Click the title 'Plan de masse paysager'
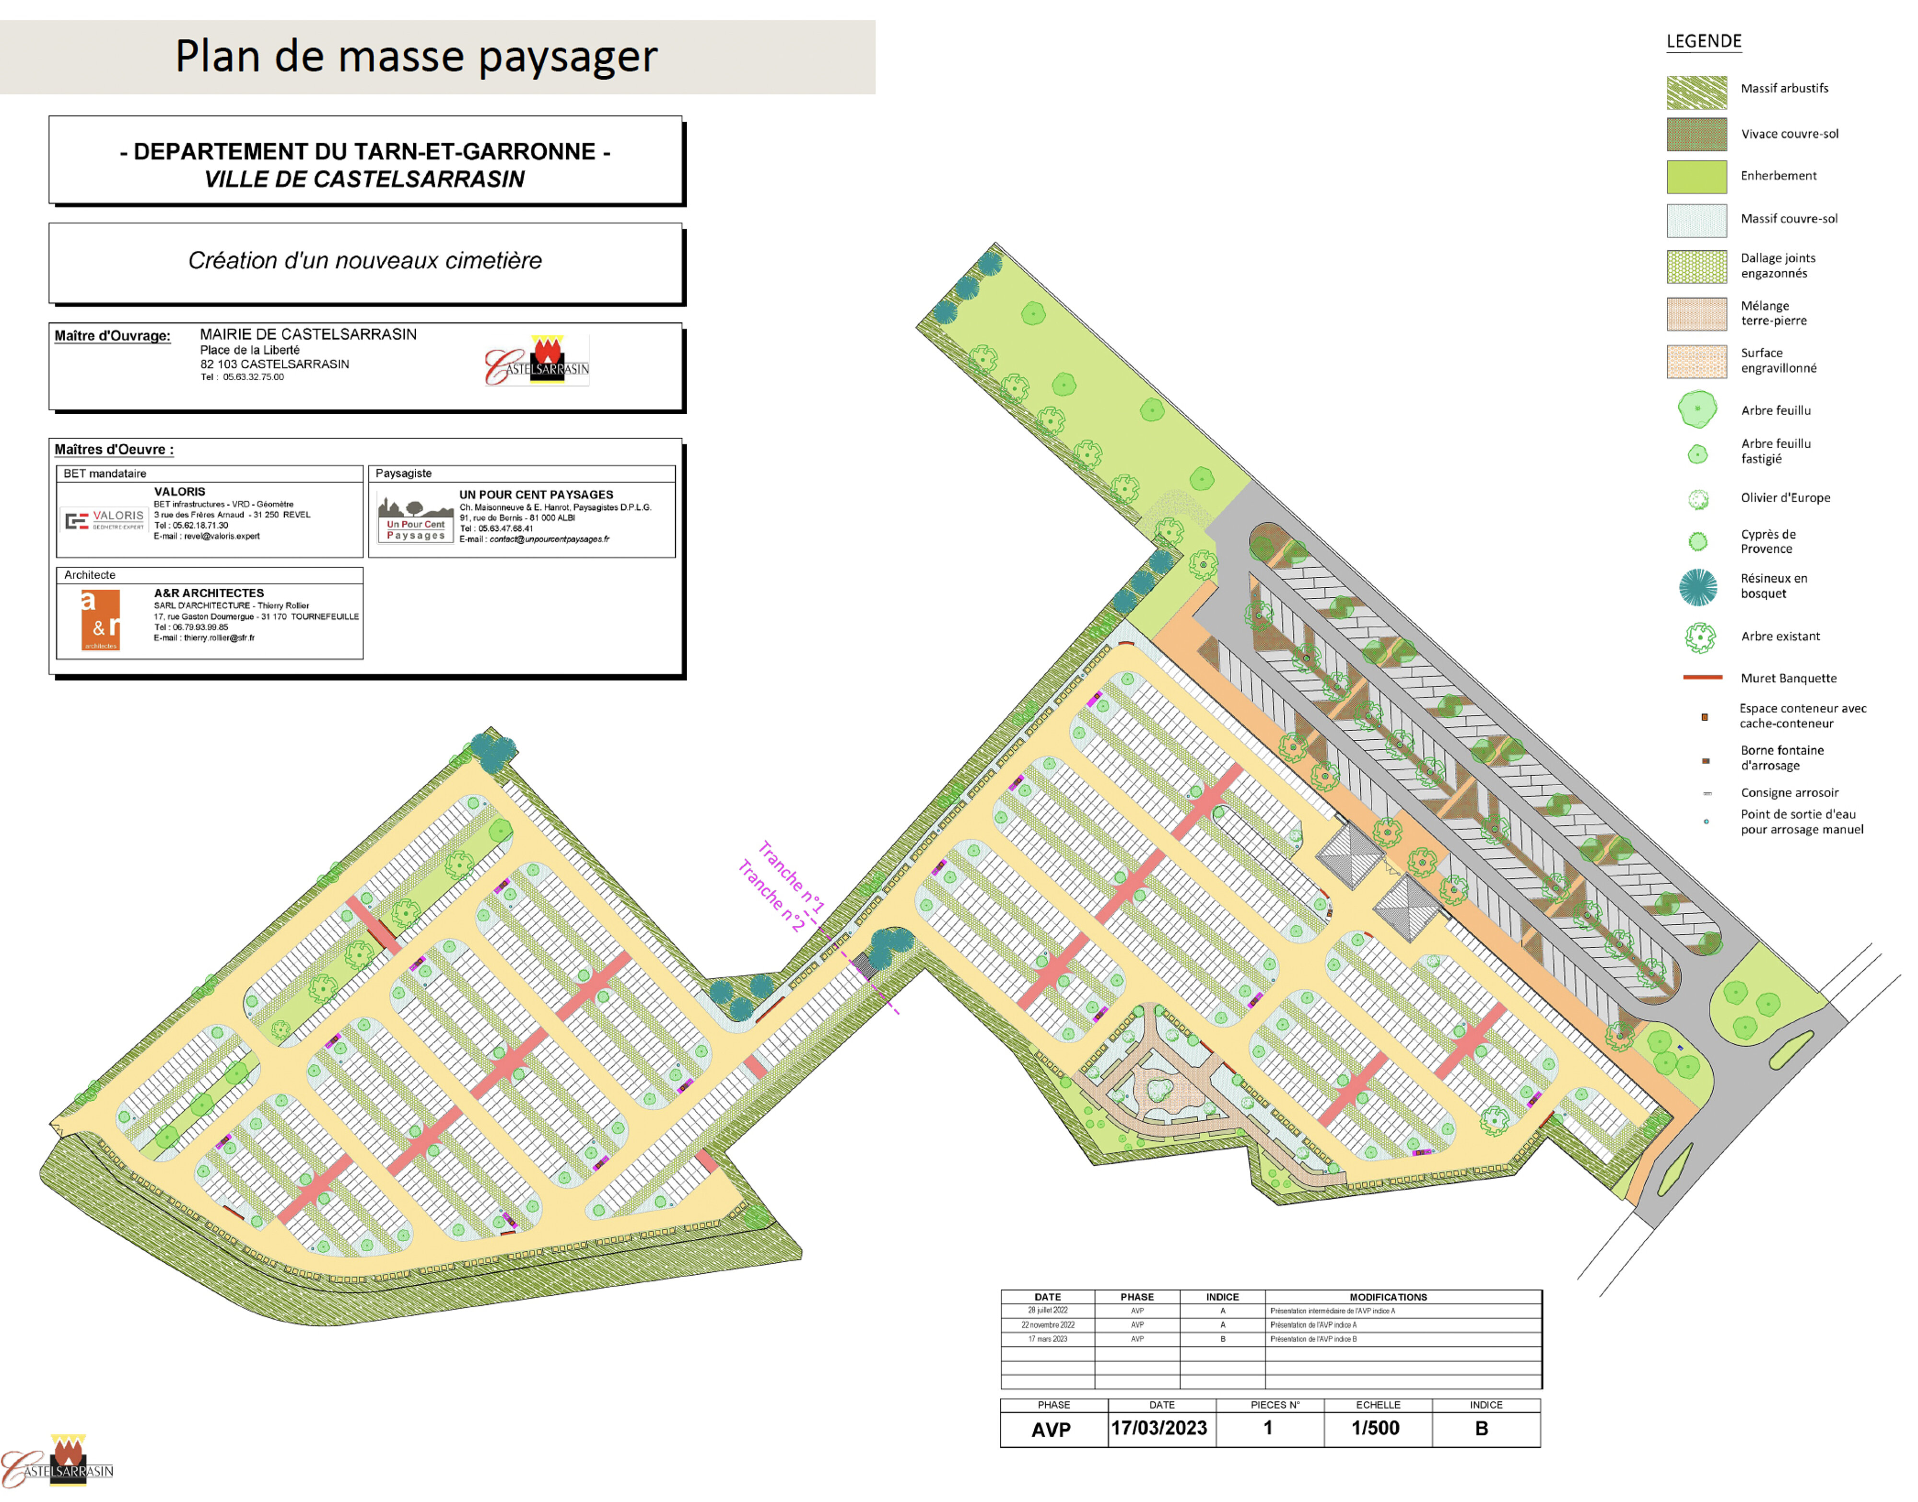click(416, 56)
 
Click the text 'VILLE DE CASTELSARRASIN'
click(364, 179)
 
